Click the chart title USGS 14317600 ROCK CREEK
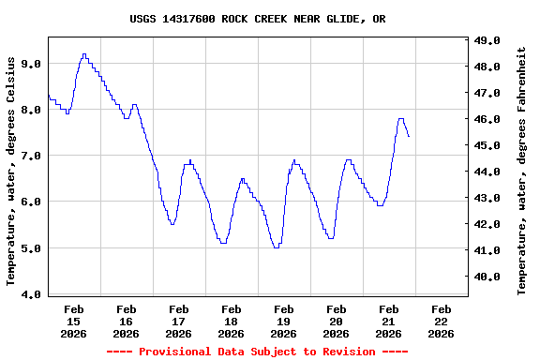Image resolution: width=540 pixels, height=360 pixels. click(257, 19)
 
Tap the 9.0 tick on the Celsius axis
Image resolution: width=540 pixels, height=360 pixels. click(31, 64)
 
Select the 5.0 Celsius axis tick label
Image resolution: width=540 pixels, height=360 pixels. click(31, 248)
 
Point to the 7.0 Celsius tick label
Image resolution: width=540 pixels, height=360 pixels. click(31, 156)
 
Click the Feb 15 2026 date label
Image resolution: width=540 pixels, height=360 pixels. click(73, 321)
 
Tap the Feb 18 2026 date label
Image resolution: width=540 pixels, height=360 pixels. click(231, 321)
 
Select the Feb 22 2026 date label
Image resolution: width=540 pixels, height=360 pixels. click(441, 321)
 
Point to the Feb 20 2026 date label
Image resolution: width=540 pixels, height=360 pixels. click(336, 321)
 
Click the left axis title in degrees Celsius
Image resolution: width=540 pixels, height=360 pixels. click(11, 171)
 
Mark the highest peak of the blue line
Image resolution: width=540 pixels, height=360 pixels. click(84, 54)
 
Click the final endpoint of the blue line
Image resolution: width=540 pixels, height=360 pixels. click(409, 137)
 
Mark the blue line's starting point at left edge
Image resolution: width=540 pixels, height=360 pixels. click(48, 95)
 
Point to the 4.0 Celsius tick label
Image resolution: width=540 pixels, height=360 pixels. click(31, 295)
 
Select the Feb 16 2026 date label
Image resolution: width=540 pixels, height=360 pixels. click(126, 321)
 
